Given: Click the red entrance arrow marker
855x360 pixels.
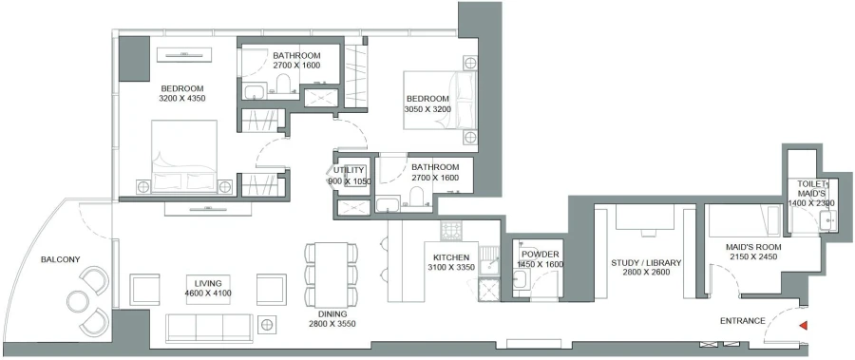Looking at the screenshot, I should [803, 326].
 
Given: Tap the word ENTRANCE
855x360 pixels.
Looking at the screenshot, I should [743, 321].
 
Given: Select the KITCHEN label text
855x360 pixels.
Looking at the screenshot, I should [451, 258].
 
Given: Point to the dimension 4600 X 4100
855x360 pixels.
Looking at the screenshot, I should [208, 293].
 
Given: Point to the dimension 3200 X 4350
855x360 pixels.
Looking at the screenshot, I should [182, 98].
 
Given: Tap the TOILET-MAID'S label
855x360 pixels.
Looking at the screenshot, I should [808, 188].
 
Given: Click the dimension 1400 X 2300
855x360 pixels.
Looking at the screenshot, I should [808, 203].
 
